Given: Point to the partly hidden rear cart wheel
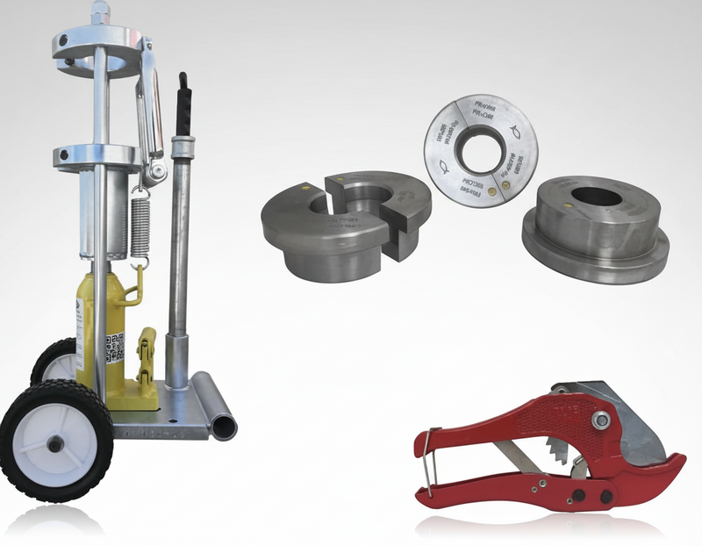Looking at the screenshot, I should (52, 360).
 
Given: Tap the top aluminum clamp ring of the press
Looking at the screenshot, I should (97, 41).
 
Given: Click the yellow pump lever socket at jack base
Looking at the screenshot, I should (147, 360).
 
